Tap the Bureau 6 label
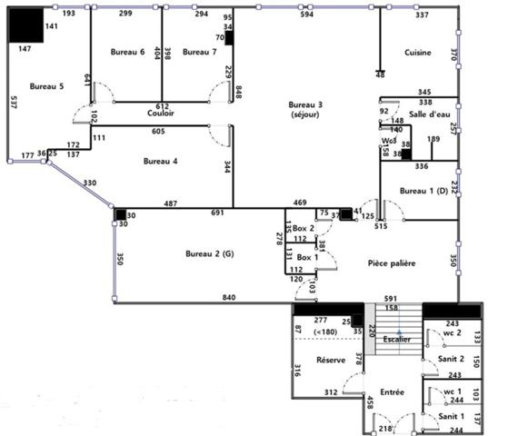tap(128, 52)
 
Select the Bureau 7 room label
tap(200, 52)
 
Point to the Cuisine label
tap(418, 52)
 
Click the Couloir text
tap(161, 114)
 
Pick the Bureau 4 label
tap(161, 161)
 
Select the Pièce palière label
tap(392, 263)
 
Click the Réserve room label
tap(330, 361)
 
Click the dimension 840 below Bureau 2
tap(228, 299)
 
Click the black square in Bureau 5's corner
tap(25, 25)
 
